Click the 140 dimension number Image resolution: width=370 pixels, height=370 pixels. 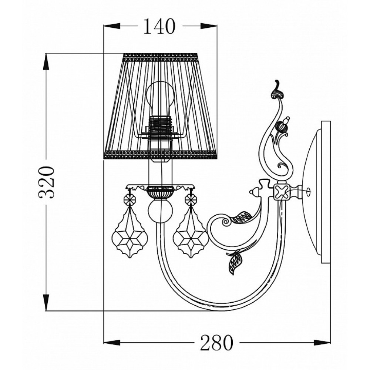click(x=159, y=26)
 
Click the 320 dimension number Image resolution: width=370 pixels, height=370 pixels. click(x=47, y=181)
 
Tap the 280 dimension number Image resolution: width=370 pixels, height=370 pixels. click(x=216, y=343)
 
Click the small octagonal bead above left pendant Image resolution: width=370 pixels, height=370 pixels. click(x=130, y=200)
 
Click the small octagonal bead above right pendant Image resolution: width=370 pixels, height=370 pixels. click(x=191, y=200)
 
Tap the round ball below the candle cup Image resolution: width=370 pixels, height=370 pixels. click(x=160, y=211)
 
